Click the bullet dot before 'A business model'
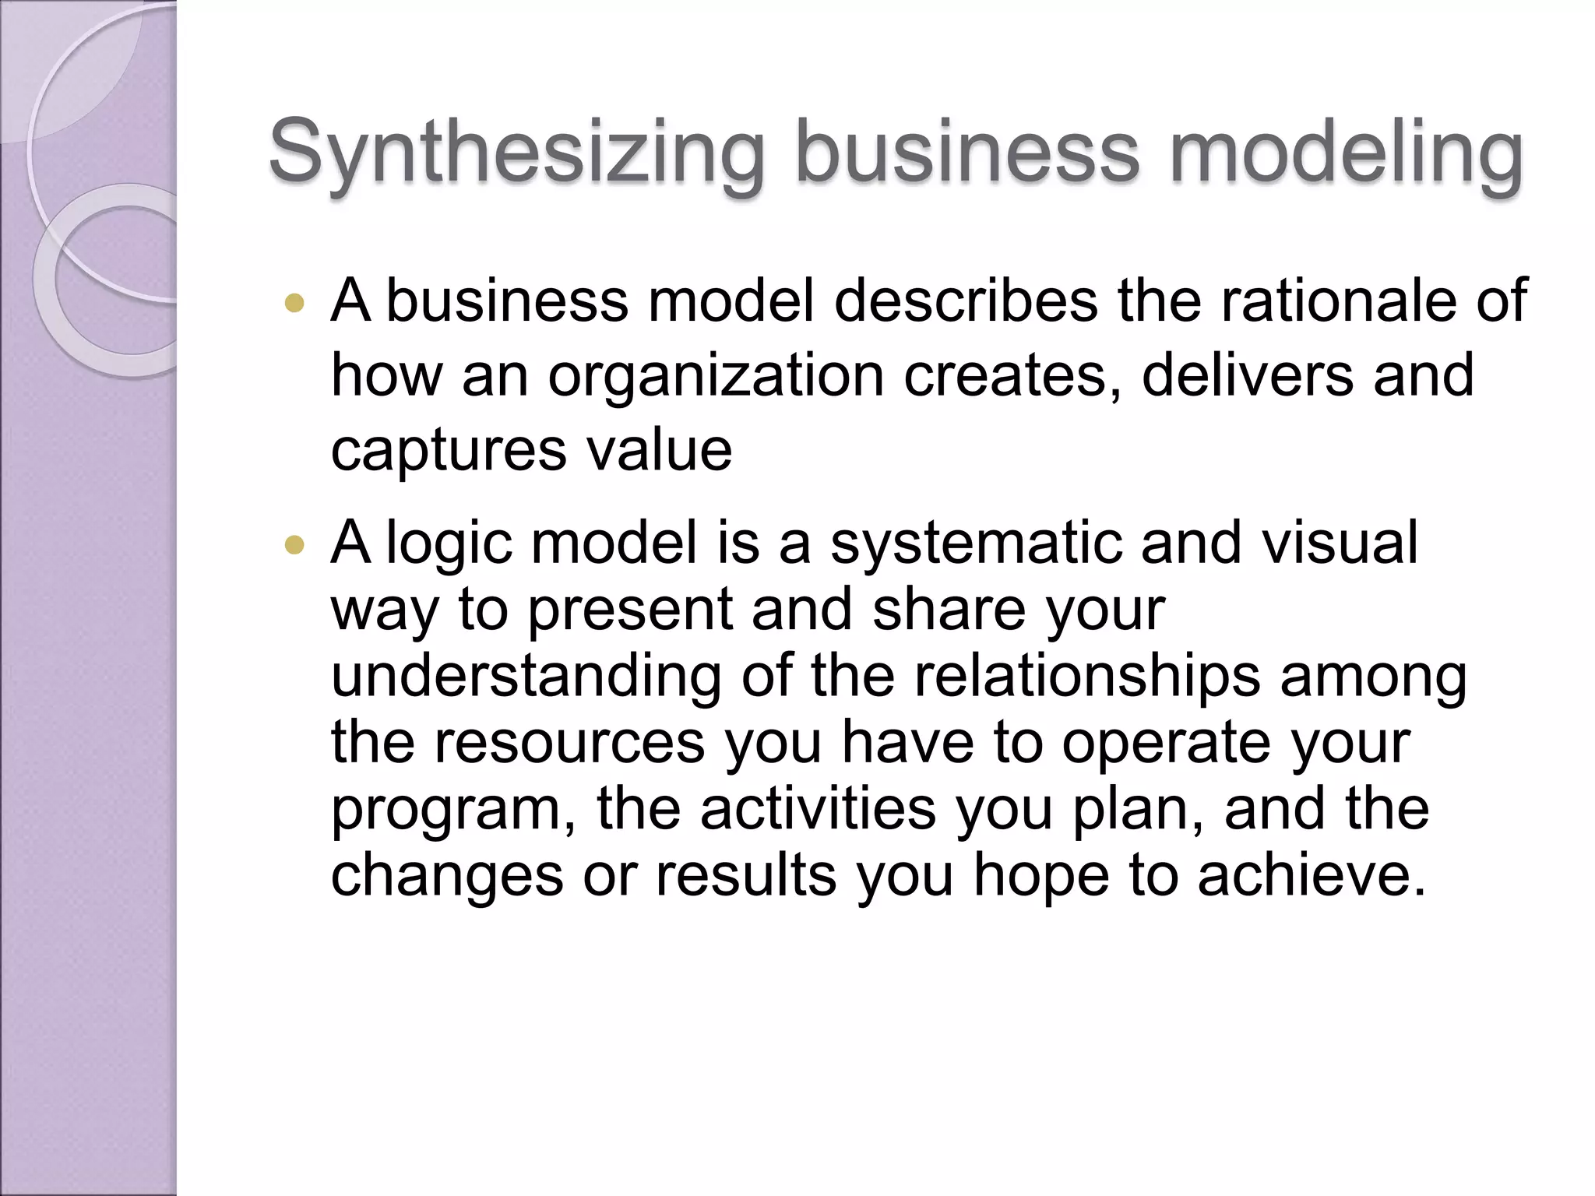[294, 303]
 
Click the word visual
[1340, 543]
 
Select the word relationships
[1087, 676]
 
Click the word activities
[818, 809]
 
